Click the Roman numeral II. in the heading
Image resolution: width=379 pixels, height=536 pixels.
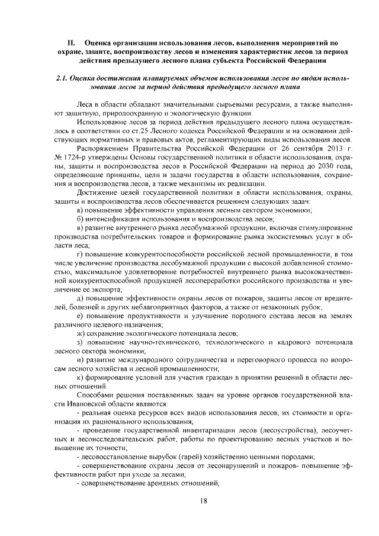click(x=71, y=43)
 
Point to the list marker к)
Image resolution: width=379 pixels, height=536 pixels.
click(x=81, y=376)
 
